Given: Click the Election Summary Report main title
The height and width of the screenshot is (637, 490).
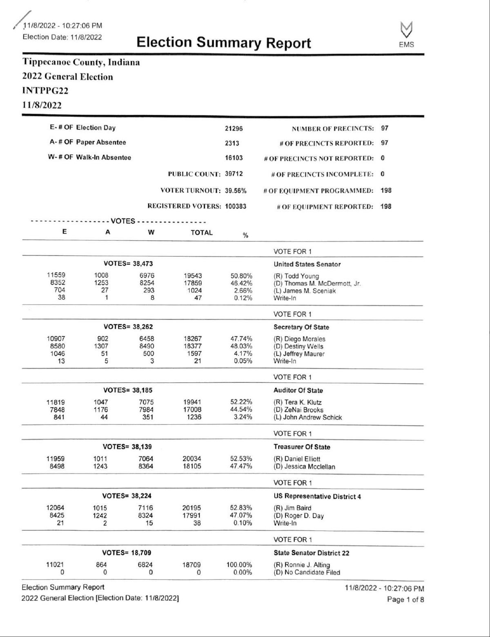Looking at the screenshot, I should pos(223,43).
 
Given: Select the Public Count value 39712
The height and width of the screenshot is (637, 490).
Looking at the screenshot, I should pos(234,174).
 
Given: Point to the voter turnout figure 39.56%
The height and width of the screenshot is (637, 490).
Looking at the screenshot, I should pos(236,191).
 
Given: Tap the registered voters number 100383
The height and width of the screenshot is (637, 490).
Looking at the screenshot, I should pos(236,206).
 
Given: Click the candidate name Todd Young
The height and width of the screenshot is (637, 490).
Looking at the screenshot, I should pos(296,276).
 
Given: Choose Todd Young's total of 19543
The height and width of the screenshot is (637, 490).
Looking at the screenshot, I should pos(193,276).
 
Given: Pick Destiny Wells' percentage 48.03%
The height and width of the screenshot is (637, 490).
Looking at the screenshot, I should pos(241,346).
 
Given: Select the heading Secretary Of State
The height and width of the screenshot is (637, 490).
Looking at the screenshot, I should pos(301,327).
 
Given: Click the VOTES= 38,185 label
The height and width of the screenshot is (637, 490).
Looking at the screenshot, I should pos(128,390).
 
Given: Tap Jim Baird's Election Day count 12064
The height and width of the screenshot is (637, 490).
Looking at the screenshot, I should pos(55,508).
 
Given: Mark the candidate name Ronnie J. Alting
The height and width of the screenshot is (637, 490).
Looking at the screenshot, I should pos(302,565).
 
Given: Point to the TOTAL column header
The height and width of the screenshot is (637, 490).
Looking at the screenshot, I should pos(202,233).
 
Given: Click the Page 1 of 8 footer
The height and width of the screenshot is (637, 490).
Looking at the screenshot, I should pos(405,600).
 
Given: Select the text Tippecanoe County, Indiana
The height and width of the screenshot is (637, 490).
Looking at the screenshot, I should pos(81,62).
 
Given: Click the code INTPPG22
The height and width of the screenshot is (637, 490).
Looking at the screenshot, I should pos(45,90).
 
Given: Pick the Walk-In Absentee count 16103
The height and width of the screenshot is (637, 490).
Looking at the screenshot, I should pos(234,158).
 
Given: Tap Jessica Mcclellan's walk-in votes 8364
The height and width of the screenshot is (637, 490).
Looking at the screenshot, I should pos(146,466).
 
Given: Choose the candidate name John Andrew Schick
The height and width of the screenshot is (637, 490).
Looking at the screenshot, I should pos(307,417).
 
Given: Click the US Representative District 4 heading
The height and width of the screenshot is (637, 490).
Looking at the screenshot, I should pos(317,496).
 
